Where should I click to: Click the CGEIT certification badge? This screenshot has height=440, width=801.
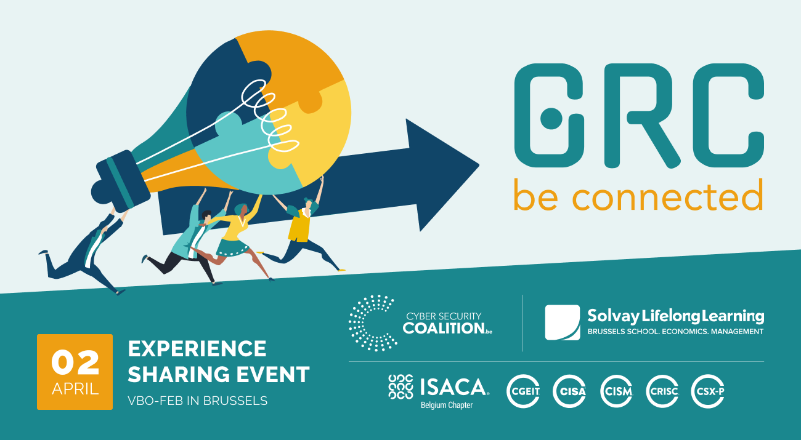click(523, 391)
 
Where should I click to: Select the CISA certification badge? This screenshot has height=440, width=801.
click(569, 391)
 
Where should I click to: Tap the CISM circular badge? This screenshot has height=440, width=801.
click(616, 391)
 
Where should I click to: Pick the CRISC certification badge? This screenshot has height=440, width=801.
click(662, 391)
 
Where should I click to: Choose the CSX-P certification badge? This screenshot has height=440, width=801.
click(707, 391)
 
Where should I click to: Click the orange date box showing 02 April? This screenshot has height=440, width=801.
click(75, 372)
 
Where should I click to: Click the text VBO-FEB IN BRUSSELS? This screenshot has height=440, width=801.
click(198, 401)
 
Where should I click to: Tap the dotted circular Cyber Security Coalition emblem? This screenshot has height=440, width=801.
click(372, 322)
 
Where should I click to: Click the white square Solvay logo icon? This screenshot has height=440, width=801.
click(562, 322)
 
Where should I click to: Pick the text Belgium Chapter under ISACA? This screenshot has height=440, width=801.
click(447, 406)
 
